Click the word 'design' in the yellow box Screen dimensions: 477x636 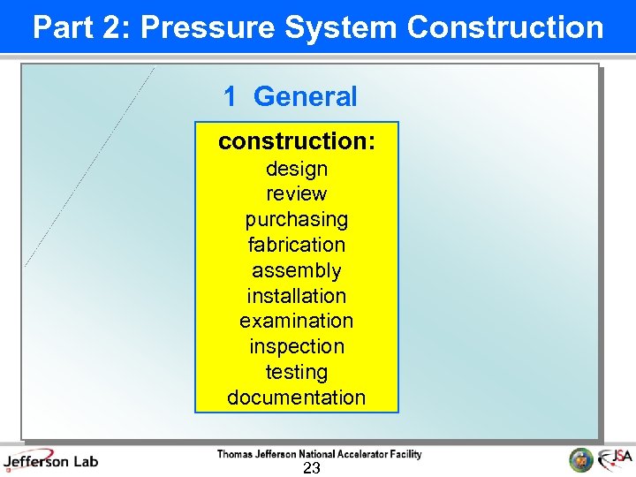pos(297,169)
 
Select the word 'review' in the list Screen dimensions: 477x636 pos(297,193)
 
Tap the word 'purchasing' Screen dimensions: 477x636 pos(297,219)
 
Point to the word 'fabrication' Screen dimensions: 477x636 pos(297,245)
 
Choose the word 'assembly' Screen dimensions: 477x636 pos(297,270)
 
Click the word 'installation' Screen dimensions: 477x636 pos(297,296)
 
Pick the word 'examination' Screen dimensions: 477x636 pos(297,321)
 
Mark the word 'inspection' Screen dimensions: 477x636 pos(297,346)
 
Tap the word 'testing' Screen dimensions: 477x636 pos(297,372)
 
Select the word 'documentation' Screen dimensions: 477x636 pos(297,397)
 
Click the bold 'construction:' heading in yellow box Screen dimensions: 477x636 pos(297,141)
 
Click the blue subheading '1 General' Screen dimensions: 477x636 pos(291,96)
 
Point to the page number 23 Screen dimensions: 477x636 pos(312,468)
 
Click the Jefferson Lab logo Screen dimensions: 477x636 pos(51,460)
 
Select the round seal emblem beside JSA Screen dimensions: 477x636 pos(580,459)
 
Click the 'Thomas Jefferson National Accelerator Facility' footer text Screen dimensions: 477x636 pos(319,454)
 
